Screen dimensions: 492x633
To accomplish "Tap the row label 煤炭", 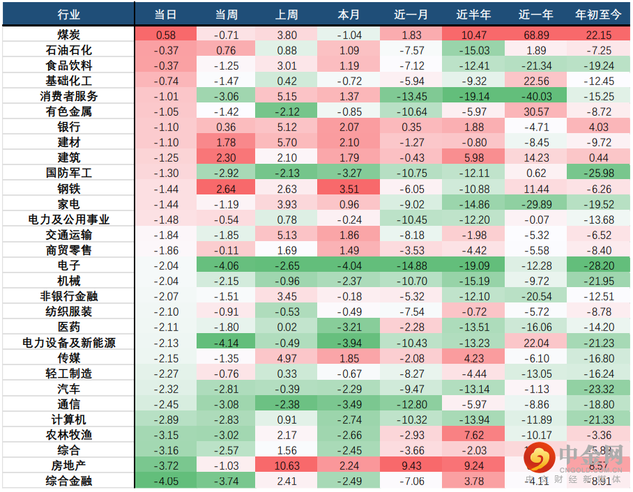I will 68,35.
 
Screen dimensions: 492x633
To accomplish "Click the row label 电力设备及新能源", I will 68,342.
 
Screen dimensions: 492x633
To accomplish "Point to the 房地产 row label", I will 68,466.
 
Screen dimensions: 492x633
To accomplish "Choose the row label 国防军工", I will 68,173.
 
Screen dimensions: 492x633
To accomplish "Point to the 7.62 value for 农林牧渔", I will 474,435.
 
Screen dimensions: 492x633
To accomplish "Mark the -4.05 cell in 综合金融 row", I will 166,481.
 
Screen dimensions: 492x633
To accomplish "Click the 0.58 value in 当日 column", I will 166,35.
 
